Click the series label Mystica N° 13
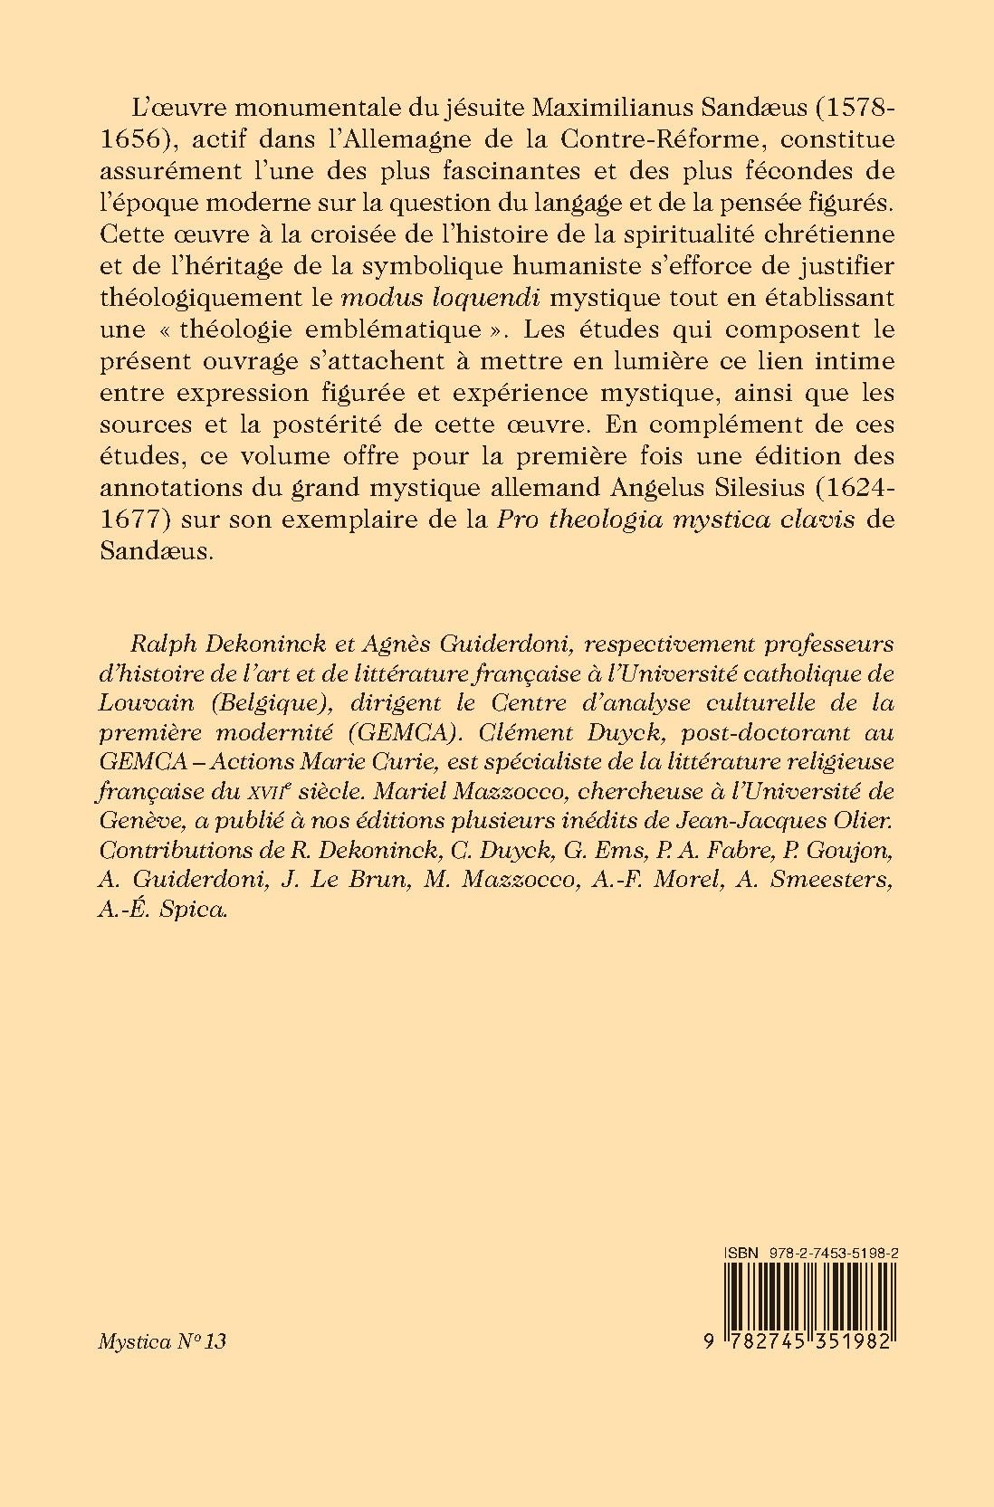161,1340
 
